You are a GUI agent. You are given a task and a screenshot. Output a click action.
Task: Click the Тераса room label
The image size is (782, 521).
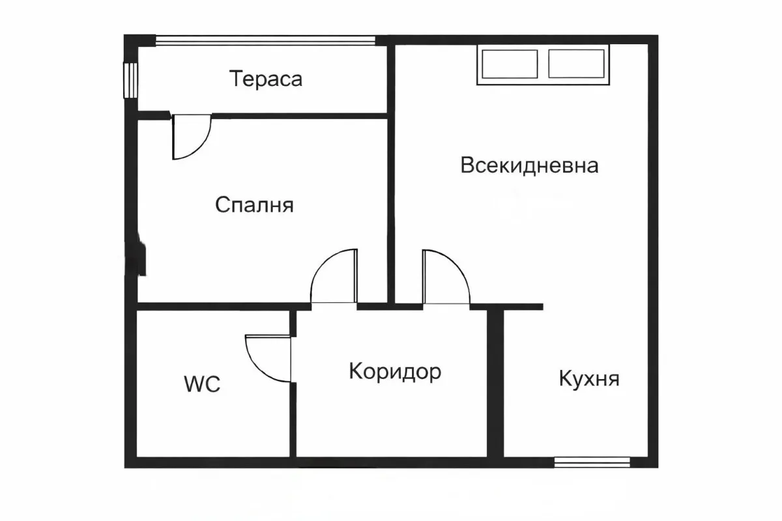point(266,79)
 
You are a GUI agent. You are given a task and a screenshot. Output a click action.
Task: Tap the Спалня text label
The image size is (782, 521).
point(254,205)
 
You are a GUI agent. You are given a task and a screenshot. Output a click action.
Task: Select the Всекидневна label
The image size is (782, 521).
point(529,165)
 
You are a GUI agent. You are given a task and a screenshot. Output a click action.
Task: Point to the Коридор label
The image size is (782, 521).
point(395,371)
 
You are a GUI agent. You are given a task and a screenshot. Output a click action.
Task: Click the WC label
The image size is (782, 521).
point(202,384)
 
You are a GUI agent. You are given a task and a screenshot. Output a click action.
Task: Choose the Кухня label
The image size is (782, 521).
point(589,378)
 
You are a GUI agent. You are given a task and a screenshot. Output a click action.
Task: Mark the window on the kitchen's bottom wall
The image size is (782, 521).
point(592,462)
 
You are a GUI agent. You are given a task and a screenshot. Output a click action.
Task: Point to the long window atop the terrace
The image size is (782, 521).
point(266,40)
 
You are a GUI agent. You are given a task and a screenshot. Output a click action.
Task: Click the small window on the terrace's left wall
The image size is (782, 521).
point(131,79)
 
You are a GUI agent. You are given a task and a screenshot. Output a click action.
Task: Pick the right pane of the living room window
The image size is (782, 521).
point(578,64)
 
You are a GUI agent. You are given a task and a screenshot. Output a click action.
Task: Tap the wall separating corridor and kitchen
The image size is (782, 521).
point(495,384)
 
